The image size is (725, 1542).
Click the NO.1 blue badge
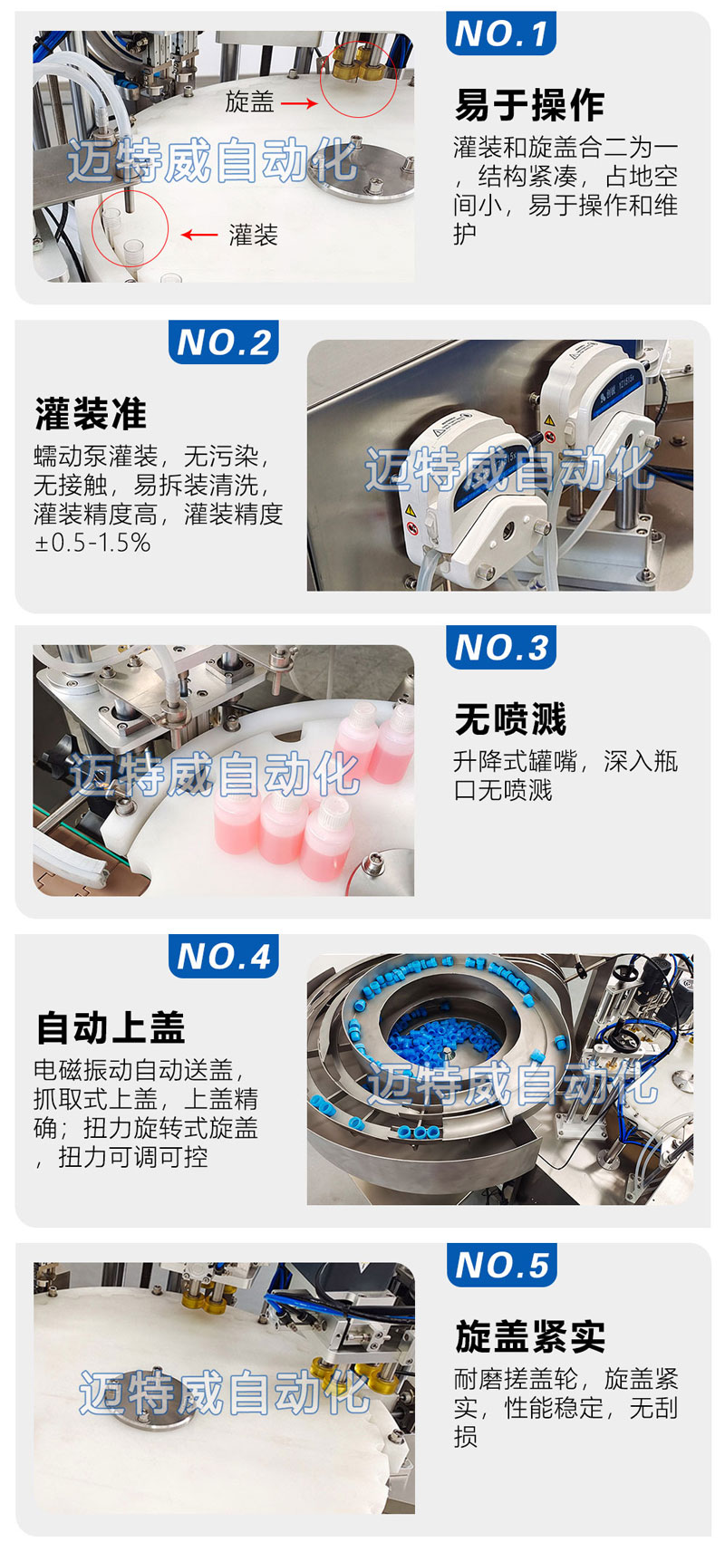[x=500, y=33]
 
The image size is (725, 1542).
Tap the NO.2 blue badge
[x=224, y=342]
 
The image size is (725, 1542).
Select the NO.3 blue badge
[x=500, y=647]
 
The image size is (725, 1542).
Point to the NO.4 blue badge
[x=224, y=956]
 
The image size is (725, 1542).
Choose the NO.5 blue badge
[x=501, y=1265]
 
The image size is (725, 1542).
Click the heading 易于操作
[x=529, y=105]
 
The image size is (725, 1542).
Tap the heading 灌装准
[x=91, y=414]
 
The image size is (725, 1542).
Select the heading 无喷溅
[x=510, y=719]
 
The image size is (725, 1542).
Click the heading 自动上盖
[x=111, y=1027]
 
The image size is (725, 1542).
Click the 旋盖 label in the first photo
[x=249, y=101]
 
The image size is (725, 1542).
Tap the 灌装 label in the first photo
[x=254, y=235]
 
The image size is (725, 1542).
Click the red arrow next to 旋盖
[x=299, y=103]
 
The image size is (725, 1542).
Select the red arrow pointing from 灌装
[x=199, y=235]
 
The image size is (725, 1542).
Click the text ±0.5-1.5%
[x=92, y=543]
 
